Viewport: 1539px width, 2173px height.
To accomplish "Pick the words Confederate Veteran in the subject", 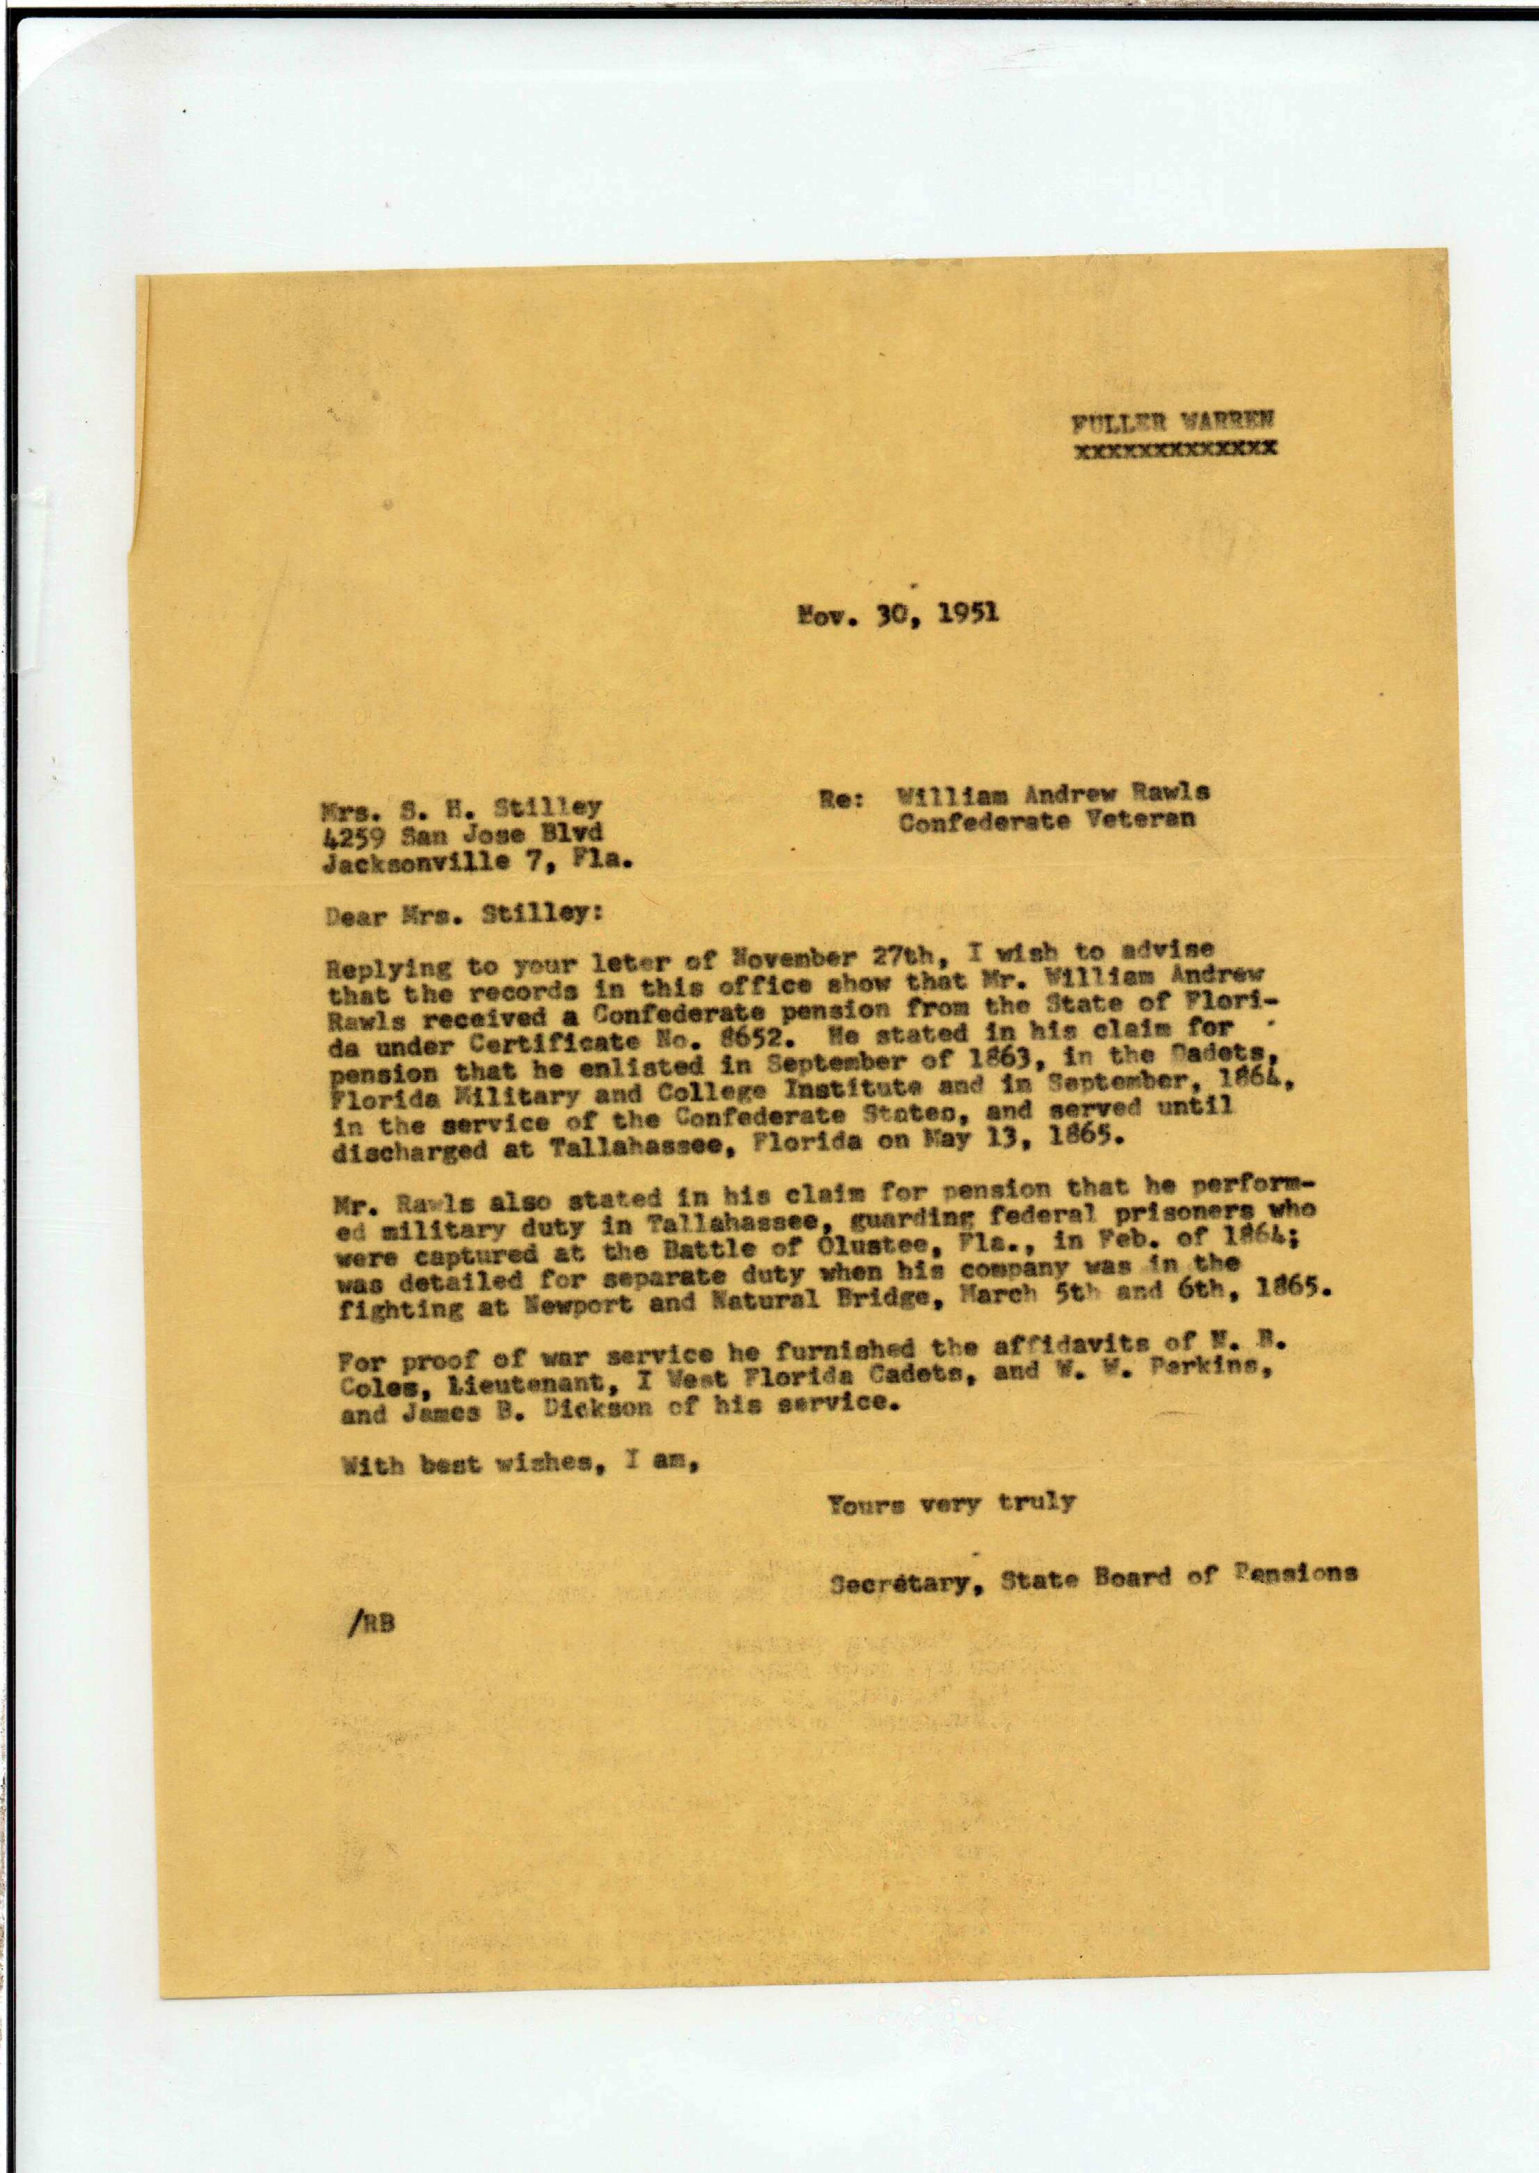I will point(1046,821).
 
